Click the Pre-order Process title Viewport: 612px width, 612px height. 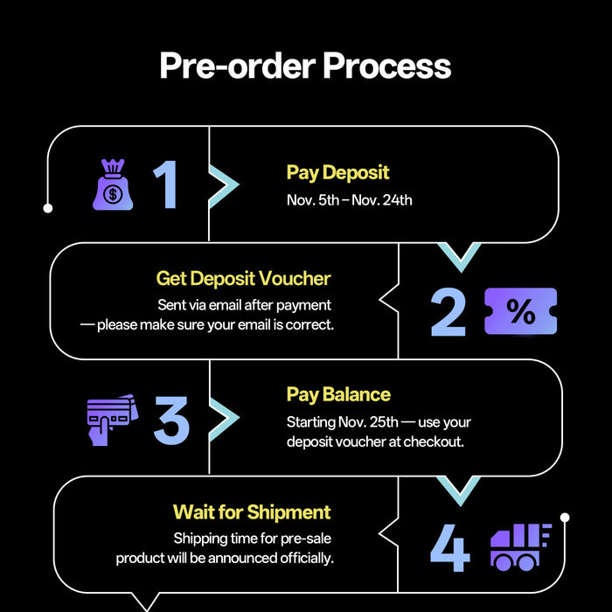pos(305,66)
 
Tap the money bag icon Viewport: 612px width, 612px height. pos(113,184)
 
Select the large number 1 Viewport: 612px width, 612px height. pos(166,184)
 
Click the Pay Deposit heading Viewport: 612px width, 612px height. pos(337,172)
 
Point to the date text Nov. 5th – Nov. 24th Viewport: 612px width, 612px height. pos(349,200)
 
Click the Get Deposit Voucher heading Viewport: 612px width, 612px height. pos(243,278)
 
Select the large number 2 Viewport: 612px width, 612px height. pos(448,311)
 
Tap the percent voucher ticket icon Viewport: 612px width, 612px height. pos(520,312)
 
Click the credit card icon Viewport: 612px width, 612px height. pos(112,419)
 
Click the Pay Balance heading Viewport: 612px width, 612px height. pos(338,394)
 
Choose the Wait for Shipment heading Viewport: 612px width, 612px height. pos(252,511)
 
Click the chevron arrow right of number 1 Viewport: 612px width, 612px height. pos(223,184)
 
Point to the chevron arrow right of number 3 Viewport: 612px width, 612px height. pos(223,420)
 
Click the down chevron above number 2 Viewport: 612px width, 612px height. pos(458,255)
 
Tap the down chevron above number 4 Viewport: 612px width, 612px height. pos(458,490)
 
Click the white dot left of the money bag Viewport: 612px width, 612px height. pos(48,208)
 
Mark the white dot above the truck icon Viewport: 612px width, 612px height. pos(565,518)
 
